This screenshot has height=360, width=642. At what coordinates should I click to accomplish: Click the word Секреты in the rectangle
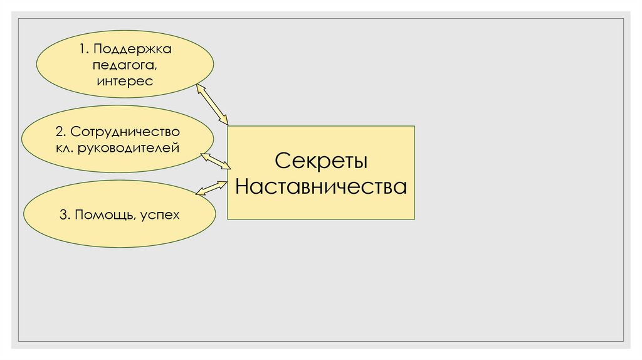320,161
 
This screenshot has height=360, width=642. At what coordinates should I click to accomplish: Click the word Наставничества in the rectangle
320,187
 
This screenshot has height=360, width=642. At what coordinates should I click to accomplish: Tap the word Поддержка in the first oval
134,49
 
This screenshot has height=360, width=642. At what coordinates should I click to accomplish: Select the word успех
160,215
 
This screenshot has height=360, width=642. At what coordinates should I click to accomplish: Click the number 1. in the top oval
83,49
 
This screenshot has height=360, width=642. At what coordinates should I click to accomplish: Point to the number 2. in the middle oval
60,132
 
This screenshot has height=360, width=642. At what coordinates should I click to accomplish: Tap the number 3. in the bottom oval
65,215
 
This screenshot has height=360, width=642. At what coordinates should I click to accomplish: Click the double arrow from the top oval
213,103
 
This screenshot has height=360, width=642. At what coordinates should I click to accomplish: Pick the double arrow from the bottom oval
212,187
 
